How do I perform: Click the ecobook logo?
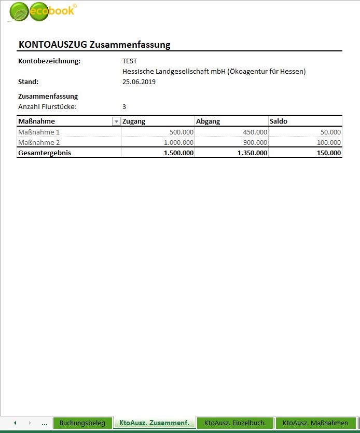pyautogui.click(x=41, y=12)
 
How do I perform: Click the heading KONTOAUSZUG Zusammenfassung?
pyautogui.click(x=94, y=45)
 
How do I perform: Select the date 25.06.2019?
pyautogui.click(x=139, y=82)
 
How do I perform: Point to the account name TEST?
pyautogui.click(x=130, y=61)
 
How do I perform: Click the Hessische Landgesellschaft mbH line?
pyautogui.click(x=214, y=71)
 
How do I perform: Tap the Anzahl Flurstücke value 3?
pyautogui.click(x=124, y=106)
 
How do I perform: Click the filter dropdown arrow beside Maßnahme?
pyautogui.click(x=116, y=121)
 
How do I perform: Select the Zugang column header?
pyautogui.click(x=134, y=121)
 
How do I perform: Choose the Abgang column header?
pyautogui.click(x=208, y=121)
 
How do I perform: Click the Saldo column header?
pyautogui.click(x=278, y=121)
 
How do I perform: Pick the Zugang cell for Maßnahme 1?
pyautogui.click(x=181, y=132)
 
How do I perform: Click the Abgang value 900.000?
pyautogui.click(x=255, y=143)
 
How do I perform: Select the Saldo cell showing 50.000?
pyautogui.click(x=330, y=132)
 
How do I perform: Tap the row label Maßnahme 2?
pyautogui.click(x=39, y=143)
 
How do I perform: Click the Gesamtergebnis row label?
pyautogui.click(x=45, y=153)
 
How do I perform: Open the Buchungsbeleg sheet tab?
pyautogui.click(x=82, y=423)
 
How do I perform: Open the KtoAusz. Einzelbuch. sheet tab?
pyautogui.click(x=235, y=423)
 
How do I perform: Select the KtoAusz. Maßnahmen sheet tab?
pyautogui.click(x=315, y=423)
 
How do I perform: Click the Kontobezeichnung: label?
pyautogui.click(x=49, y=61)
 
